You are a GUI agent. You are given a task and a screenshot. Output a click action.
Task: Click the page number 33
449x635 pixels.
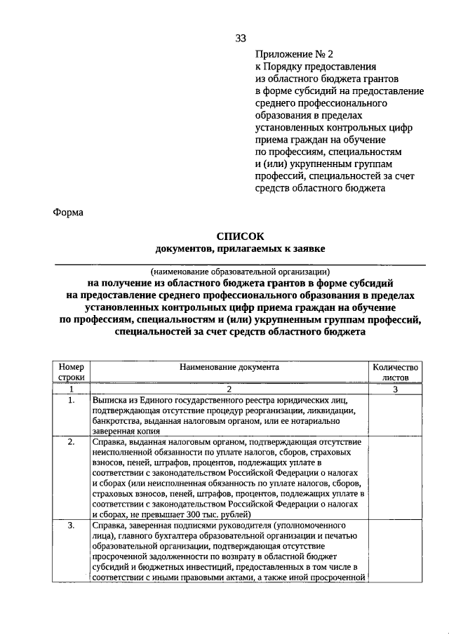[x=241, y=38]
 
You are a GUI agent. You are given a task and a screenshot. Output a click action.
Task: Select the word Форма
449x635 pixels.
[x=69, y=213]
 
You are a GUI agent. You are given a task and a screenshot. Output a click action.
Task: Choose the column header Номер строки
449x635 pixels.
[x=71, y=372]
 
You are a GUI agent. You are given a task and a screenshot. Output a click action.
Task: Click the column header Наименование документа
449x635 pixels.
[x=229, y=367]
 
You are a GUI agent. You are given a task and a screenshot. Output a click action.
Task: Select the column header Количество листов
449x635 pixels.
[x=395, y=372]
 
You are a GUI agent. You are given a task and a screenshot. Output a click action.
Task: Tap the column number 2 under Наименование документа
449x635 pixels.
[x=229, y=389]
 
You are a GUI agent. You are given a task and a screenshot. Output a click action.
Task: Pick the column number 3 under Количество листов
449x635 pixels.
[x=395, y=389]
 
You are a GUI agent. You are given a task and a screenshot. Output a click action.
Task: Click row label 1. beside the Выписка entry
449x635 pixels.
[x=71, y=400]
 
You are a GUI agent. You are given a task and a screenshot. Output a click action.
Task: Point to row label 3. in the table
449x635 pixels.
[x=71, y=525]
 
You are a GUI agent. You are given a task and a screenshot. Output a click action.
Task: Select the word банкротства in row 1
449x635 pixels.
[x=116, y=421]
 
